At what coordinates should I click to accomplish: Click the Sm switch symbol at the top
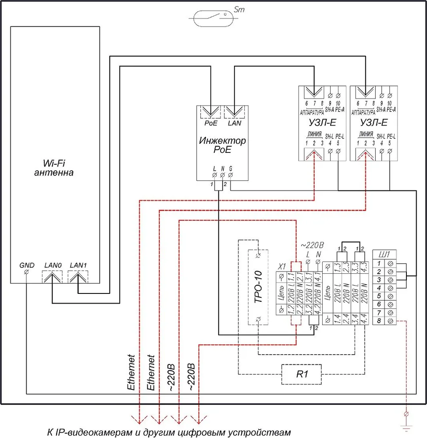[x=213, y=18]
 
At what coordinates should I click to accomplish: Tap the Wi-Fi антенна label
[x=54, y=168]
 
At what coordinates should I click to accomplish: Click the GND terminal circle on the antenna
[x=27, y=272]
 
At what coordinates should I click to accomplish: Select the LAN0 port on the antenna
[x=52, y=277]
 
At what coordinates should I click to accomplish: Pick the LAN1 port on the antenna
[x=78, y=277]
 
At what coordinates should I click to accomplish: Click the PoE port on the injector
[x=210, y=112]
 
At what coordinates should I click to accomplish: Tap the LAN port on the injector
[x=235, y=112]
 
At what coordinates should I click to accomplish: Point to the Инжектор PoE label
[x=222, y=145]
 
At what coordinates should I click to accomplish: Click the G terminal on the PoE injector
[x=231, y=175]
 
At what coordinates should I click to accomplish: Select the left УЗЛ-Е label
[x=322, y=122]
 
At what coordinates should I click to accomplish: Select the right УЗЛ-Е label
[x=374, y=122]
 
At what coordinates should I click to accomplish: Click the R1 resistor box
[x=302, y=374]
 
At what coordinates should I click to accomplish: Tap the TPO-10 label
[x=258, y=287]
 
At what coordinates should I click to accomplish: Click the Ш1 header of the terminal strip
[x=384, y=254]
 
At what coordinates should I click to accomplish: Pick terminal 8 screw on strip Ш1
[x=390, y=321]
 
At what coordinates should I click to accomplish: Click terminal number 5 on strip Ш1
[x=379, y=296]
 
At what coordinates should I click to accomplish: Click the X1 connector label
[x=282, y=266]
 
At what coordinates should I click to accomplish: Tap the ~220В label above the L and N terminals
[x=312, y=245]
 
